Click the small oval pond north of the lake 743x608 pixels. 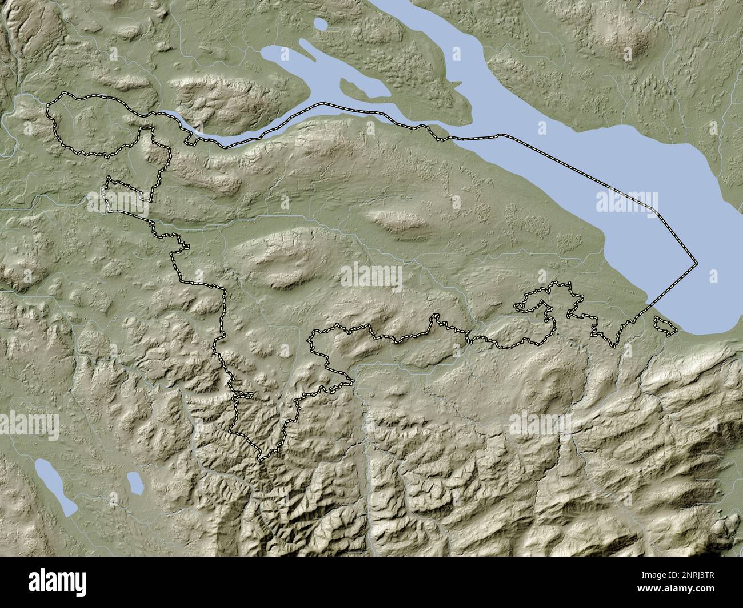pyautogui.click(x=321, y=25)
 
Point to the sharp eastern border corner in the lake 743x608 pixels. pyautogui.click(x=697, y=264)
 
